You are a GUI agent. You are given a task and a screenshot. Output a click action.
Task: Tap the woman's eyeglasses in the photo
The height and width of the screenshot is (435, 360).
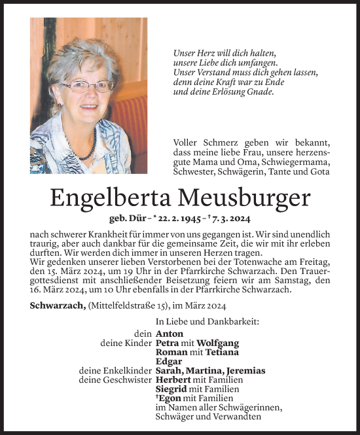point(88,86)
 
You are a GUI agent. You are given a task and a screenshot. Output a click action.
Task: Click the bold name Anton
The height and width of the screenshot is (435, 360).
point(170,334)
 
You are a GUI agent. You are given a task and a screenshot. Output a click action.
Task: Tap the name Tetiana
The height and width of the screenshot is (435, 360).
point(216,352)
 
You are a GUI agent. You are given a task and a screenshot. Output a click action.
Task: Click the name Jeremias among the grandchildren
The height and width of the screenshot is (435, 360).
point(243,370)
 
